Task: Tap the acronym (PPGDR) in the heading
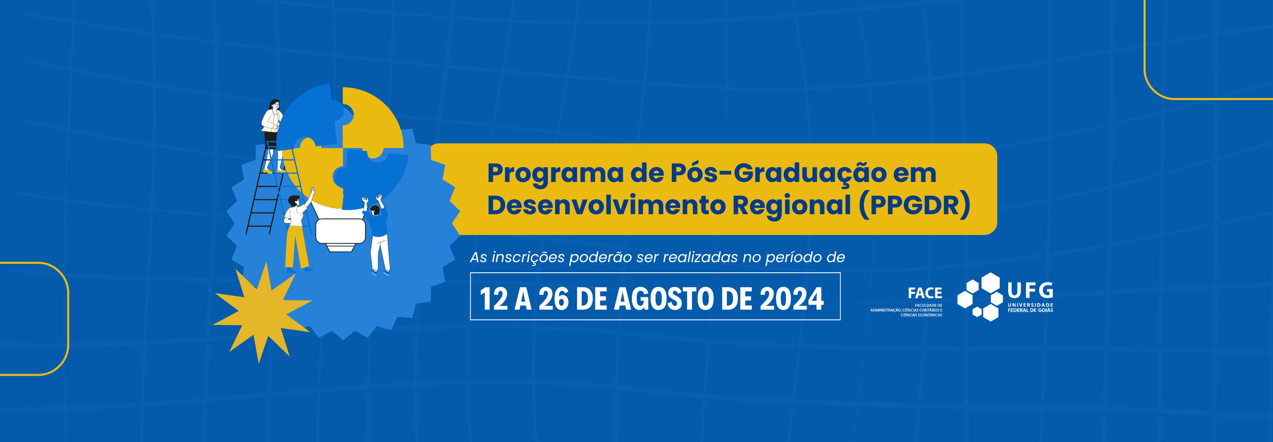click(915, 205)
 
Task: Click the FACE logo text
click(925, 294)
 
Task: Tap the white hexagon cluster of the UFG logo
click(979, 297)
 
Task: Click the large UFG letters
click(1030, 291)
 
